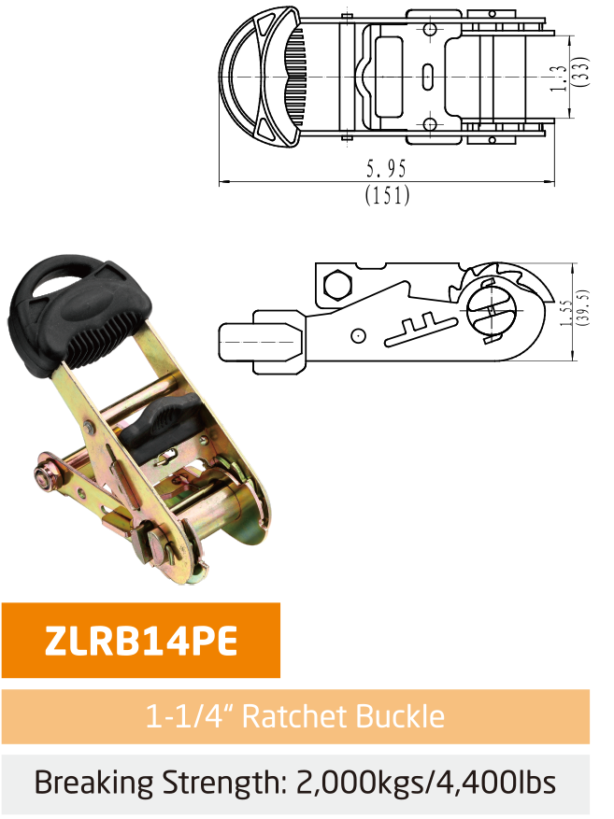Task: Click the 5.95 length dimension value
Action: point(387,169)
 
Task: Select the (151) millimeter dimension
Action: point(387,195)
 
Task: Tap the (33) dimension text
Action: point(581,73)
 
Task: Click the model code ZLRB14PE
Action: point(140,642)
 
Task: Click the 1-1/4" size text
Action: point(193,717)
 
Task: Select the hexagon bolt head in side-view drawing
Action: point(336,281)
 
